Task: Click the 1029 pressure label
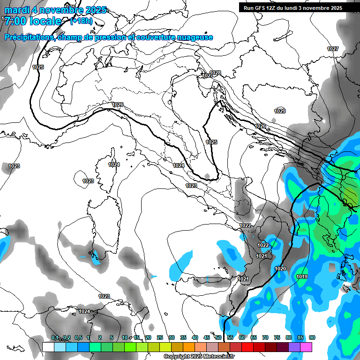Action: pos(280,111)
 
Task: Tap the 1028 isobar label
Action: pos(215,73)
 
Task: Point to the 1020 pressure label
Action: pos(280,269)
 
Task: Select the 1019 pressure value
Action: pos(302,277)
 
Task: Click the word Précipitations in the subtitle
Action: pos(29,37)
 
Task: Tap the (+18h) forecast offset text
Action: pos(81,21)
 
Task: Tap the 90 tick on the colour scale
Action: pos(312,337)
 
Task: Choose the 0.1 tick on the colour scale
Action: pos(55,337)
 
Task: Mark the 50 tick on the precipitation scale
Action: pos(218,337)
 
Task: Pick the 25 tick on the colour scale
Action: pos(160,337)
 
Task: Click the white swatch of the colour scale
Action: pos(48,347)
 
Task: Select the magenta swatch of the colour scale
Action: pos(306,347)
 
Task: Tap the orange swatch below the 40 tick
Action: pos(188,347)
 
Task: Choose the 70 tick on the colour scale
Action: pos(265,337)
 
